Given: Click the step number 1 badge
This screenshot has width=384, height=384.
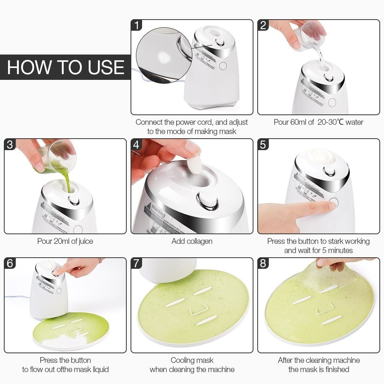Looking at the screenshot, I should click(137, 25).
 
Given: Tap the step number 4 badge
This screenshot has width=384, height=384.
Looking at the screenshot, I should click(137, 145).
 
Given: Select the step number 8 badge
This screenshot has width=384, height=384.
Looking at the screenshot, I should click(263, 263).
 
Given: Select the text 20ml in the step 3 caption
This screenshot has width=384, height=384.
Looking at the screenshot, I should click(62, 241).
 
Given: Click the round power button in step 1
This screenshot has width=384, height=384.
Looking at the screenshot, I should click(223, 66).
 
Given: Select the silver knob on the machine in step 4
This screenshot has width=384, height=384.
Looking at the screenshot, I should click(207, 201).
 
